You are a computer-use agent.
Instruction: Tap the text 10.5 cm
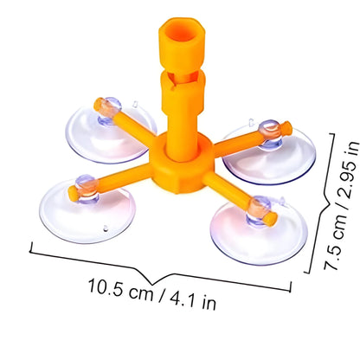coord(121,289)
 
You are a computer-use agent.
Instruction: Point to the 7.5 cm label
coord(336,241)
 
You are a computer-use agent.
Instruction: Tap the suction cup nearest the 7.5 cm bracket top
coord(269,157)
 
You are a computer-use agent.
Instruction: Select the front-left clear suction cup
coord(87,213)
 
